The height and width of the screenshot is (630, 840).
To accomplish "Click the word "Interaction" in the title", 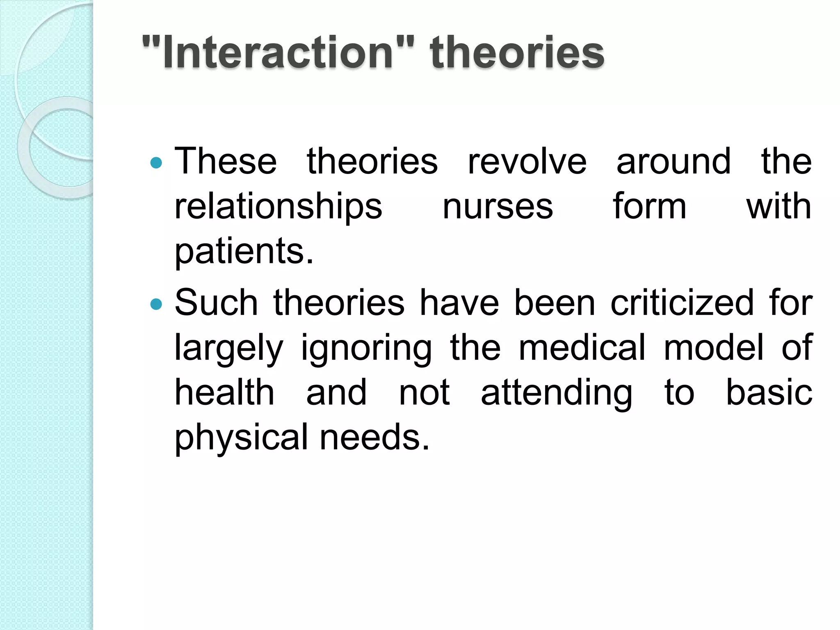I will coord(278,52).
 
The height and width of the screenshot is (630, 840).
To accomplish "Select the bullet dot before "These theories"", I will coord(156,163).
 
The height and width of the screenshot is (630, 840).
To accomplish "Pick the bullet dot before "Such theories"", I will coord(156,304).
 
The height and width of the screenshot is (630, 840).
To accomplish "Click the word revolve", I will coord(527,161).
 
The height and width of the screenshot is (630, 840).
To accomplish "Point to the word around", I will coord(673,161).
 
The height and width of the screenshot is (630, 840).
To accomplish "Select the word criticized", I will coord(682,303).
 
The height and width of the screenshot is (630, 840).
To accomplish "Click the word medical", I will coord(582,348).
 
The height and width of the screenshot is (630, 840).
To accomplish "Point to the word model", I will coord(714,348).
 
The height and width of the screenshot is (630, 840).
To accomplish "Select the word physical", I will coord(241,438).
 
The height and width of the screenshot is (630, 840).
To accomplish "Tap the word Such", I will coord(216,303).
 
